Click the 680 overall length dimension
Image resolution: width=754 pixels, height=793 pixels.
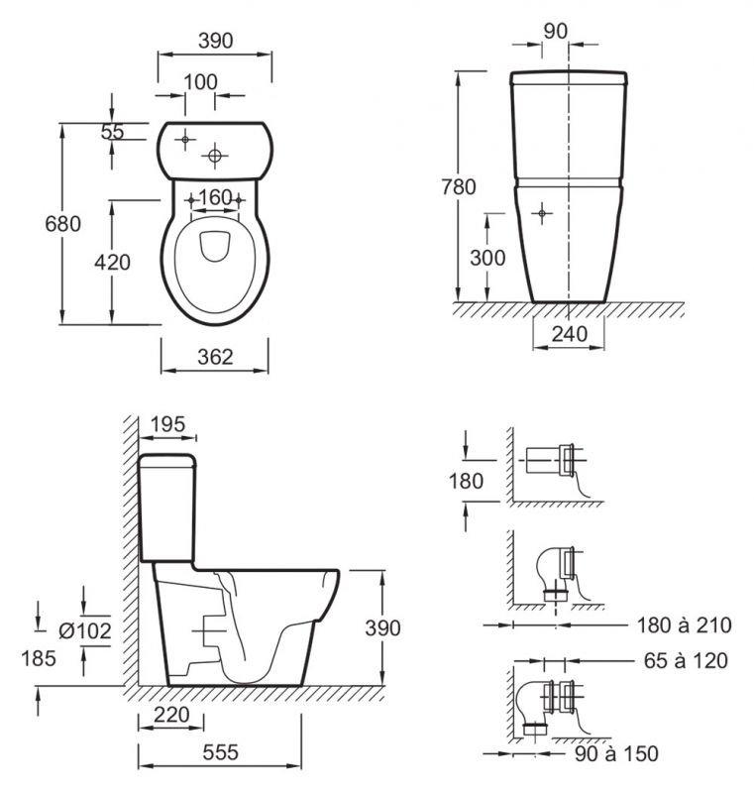click(62, 224)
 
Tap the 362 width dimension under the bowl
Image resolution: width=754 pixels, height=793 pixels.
click(215, 357)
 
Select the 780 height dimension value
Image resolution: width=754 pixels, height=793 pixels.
click(459, 187)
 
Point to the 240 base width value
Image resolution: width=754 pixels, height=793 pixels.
click(570, 334)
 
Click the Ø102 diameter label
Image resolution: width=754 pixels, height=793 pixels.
click(85, 630)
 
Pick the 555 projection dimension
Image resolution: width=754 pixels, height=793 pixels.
click(220, 752)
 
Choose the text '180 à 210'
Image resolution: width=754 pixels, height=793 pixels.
click(684, 625)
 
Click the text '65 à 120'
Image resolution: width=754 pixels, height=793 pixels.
click(686, 660)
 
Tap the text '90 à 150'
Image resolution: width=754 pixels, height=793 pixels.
click(616, 754)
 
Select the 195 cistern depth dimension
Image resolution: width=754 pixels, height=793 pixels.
click(167, 424)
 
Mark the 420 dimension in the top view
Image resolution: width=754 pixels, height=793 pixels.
click(112, 263)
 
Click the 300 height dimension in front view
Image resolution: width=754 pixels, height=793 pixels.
click(487, 258)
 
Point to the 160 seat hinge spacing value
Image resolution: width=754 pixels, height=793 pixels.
click(215, 197)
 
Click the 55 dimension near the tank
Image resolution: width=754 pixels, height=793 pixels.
click(112, 132)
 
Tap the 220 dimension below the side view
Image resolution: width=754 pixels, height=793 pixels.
click(171, 715)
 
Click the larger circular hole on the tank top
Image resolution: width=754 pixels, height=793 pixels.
click(215, 156)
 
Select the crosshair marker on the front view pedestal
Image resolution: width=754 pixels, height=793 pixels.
click(542, 213)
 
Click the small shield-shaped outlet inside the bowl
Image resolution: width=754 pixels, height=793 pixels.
click(215, 246)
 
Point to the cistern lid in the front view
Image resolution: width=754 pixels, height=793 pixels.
click(569, 78)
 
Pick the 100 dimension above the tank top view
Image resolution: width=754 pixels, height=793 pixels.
click(200, 82)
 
